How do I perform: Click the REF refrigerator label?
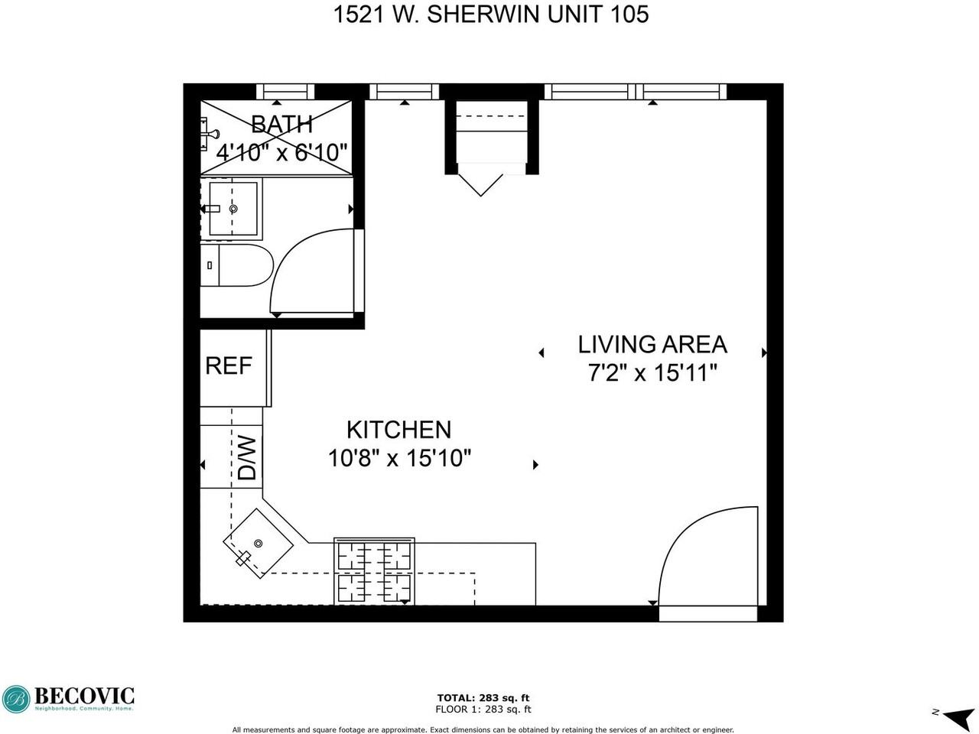point(228,365)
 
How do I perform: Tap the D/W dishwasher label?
point(246,457)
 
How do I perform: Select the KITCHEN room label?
point(398,430)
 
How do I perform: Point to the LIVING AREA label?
point(652,344)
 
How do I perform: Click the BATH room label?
point(281,124)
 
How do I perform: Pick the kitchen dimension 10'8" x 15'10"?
point(398,459)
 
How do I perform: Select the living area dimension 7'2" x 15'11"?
point(652,373)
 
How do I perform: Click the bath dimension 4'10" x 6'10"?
point(282,152)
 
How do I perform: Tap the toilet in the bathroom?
point(236,265)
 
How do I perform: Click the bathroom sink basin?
point(233,208)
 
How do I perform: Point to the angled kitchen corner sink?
point(258,544)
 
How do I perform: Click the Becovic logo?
point(68,698)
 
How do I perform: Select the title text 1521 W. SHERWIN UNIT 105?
point(490,15)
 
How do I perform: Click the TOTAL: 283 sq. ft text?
point(483,697)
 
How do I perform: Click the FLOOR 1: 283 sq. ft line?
point(483,710)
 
